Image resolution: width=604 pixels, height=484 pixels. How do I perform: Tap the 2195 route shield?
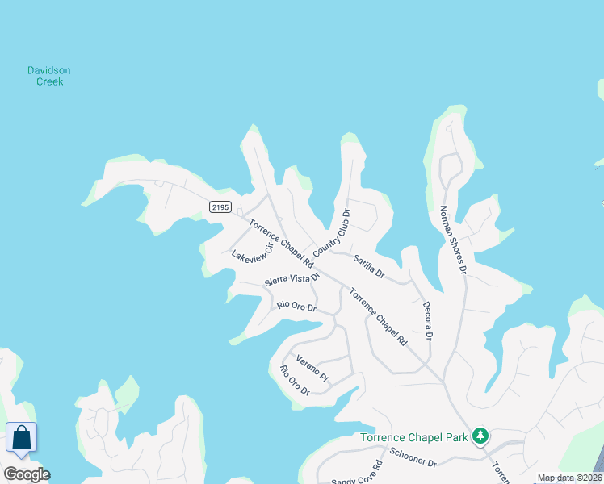pos(220,207)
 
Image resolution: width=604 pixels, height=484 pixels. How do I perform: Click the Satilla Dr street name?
pos(368,268)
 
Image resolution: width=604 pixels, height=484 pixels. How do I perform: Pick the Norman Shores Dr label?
pos(453,240)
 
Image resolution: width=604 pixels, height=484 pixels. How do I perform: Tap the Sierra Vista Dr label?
pos(292,279)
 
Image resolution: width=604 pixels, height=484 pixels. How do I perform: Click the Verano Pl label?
pos(312,367)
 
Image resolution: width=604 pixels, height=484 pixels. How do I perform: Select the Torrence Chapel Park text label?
pos(414,437)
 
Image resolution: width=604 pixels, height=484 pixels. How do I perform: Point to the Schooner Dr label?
pos(413,457)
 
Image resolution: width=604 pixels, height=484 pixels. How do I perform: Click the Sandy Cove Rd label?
pos(355,474)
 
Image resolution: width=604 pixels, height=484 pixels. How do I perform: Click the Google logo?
pos(27,474)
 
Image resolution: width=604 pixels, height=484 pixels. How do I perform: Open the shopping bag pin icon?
pos(21,439)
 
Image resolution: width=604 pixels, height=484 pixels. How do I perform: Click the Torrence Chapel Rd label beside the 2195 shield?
pos(280,244)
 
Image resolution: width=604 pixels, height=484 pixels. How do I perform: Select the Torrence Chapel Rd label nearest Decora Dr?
pos(378,316)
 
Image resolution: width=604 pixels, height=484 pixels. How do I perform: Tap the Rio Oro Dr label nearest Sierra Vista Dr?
pos(296,306)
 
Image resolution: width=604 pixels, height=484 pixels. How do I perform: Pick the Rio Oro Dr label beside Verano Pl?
pos(295,380)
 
